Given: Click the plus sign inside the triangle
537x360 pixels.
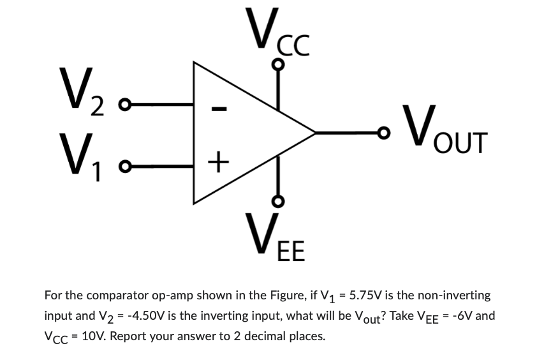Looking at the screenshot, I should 218,163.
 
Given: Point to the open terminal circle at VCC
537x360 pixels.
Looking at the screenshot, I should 277,64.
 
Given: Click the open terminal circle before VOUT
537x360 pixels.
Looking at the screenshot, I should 383,133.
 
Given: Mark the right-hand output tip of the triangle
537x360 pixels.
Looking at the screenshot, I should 316,133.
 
